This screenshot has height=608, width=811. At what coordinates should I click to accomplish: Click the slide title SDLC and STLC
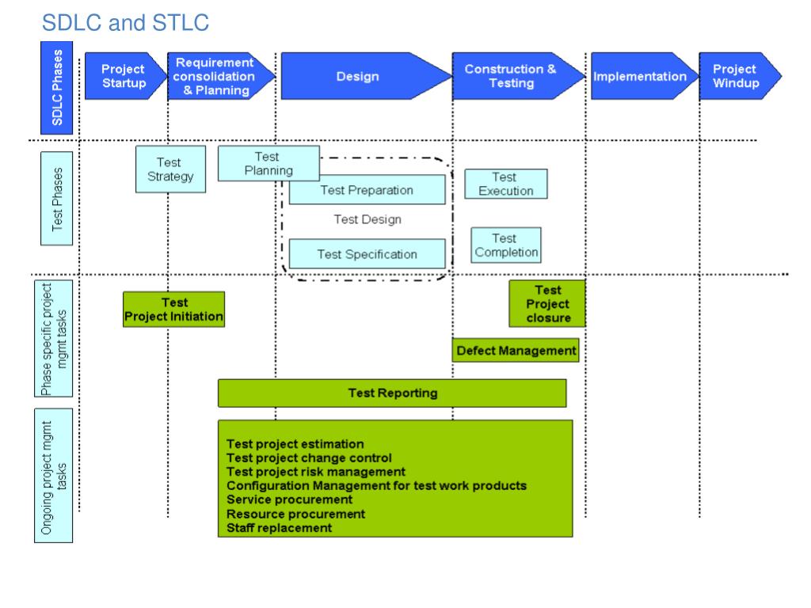tap(125, 23)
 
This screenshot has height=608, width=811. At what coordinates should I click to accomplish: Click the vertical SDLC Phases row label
tap(57, 88)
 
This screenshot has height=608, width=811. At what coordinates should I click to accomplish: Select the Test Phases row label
tap(57, 199)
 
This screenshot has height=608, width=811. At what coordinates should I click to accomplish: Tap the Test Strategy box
tap(171, 169)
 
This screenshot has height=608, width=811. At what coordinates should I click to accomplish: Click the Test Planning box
tap(268, 163)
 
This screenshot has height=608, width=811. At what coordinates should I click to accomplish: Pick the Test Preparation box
tap(367, 190)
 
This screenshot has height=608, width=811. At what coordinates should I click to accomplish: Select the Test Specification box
tap(367, 254)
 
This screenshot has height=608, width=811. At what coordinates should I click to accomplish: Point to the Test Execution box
tap(506, 184)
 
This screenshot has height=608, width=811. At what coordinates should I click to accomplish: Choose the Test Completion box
tap(506, 245)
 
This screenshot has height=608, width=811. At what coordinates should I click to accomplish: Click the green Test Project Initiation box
tap(173, 310)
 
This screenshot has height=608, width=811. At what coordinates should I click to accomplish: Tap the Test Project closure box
tap(547, 303)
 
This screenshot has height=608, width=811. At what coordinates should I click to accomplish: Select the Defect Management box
tap(516, 350)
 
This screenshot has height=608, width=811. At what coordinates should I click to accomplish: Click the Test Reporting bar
tap(392, 393)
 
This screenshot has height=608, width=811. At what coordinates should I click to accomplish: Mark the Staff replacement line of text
tap(280, 528)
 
